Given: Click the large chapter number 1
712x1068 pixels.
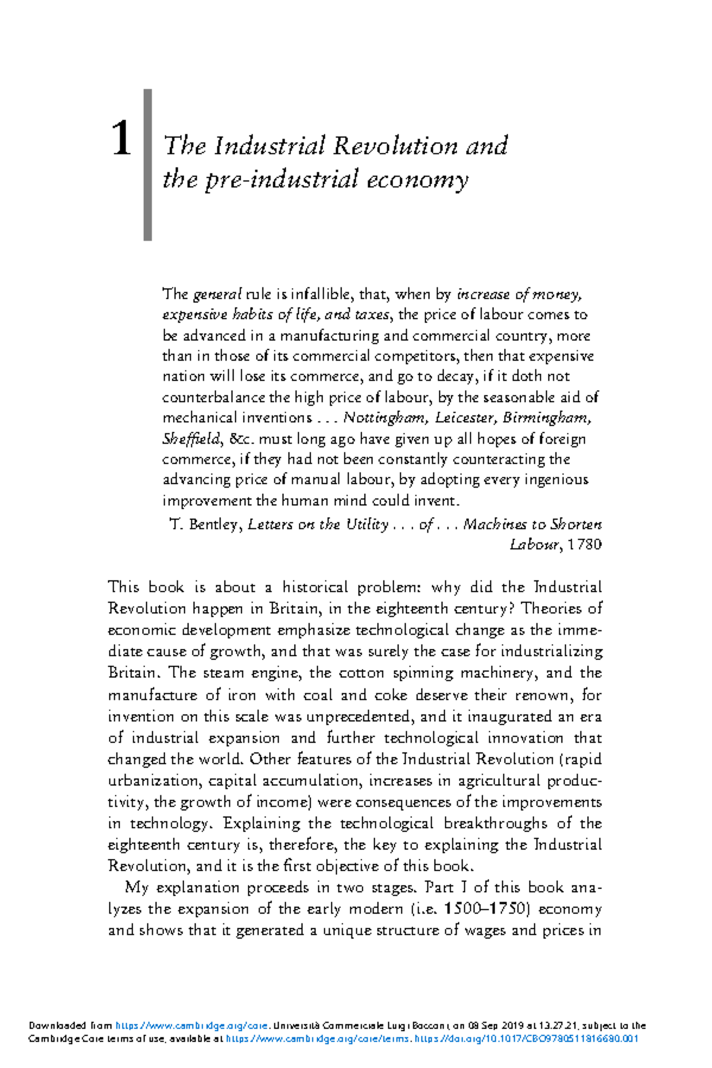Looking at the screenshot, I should coord(121,139).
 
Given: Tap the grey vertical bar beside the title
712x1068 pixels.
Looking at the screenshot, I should coord(148,165).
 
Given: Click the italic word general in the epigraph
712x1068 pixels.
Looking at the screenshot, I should coord(217,294).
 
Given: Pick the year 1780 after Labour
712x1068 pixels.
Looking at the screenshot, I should coord(584,545).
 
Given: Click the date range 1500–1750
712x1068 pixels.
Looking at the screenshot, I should coord(485,909).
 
